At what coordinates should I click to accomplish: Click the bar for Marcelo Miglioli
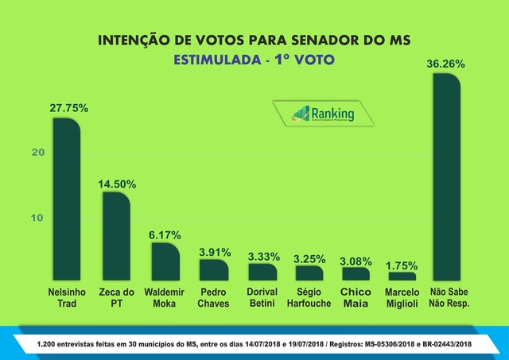click(x=402, y=276)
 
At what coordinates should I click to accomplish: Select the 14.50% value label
click(x=116, y=184)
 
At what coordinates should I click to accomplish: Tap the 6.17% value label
click(x=165, y=235)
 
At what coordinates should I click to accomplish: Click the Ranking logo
click(x=324, y=113)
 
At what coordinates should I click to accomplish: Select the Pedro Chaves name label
click(x=213, y=297)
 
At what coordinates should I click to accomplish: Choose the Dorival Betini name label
click(x=261, y=297)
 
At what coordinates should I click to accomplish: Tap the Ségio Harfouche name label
click(x=307, y=297)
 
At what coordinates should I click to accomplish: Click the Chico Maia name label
click(x=356, y=297)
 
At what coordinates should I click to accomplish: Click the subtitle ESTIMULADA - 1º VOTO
click(x=254, y=60)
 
